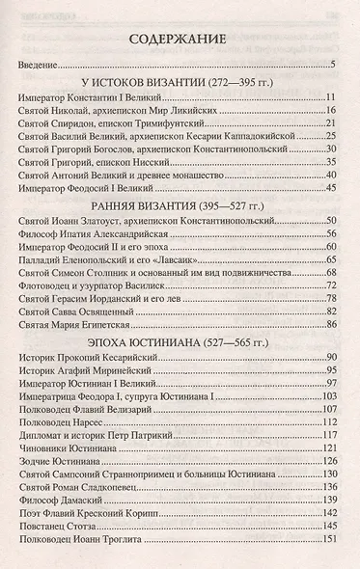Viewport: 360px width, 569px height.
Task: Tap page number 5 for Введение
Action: (x=331, y=66)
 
